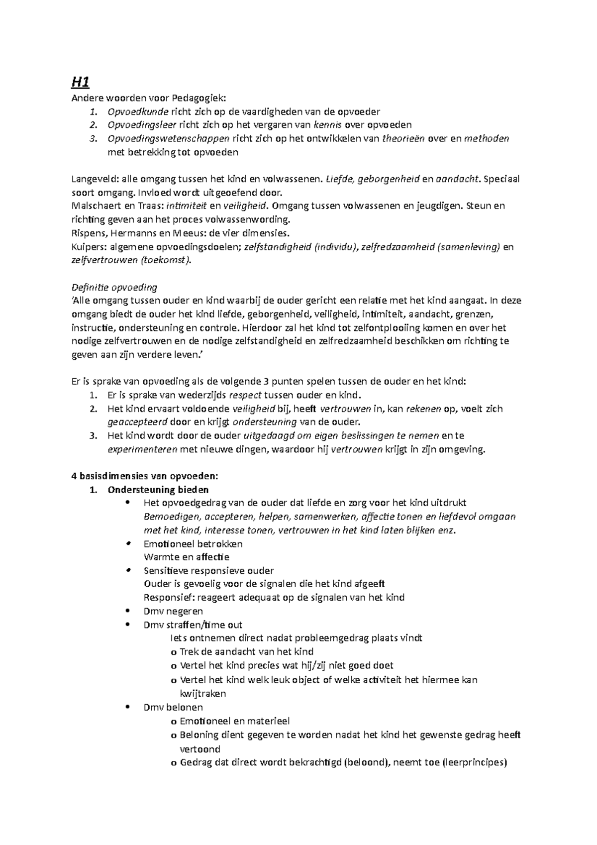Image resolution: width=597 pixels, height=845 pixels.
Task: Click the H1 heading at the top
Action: pyautogui.click(x=80, y=82)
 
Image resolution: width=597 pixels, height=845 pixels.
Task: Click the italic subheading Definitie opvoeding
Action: pyautogui.click(x=114, y=288)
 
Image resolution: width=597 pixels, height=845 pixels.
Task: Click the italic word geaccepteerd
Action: pyautogui.click(x=137, y=422)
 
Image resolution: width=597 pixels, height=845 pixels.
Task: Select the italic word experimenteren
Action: pyautogui.click(x=143, y=449)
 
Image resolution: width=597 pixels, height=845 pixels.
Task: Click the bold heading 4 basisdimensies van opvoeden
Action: pyautogui.click(x=145, y=476)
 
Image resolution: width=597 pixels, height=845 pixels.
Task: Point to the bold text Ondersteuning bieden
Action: pyautogui.click(x=158, y=490)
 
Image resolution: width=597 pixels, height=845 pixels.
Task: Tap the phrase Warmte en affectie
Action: pyautogui.click(x=186, y=557)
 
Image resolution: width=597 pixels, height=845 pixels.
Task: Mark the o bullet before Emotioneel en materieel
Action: pyautogui.click(x=173, y=721)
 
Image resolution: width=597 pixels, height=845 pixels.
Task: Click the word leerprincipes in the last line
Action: pyautogui.click(x=475, y=762)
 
